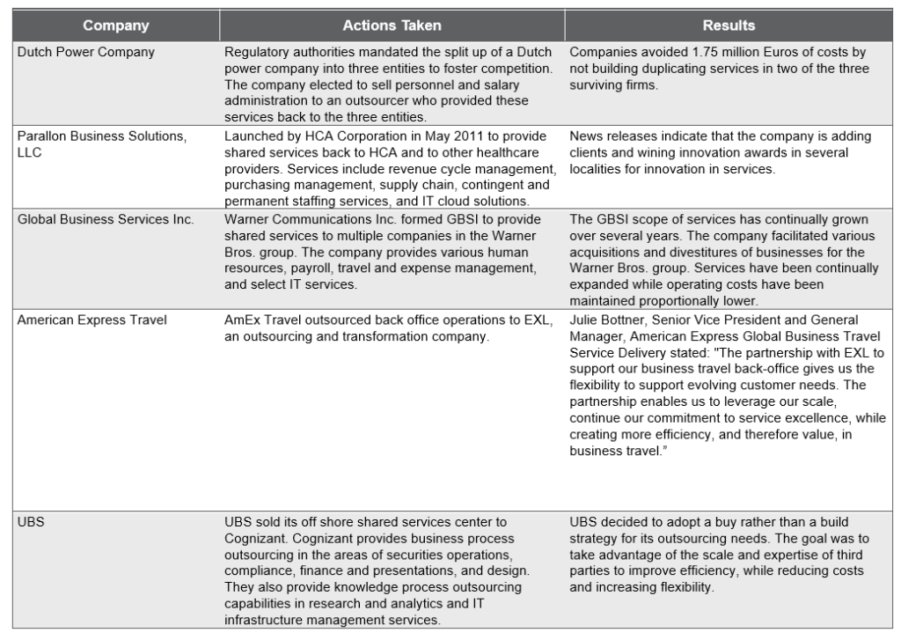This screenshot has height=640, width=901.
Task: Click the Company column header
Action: coord(115,26)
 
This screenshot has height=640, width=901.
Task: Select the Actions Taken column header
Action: coord(392,26)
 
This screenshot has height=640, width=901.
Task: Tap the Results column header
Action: coord(729,26)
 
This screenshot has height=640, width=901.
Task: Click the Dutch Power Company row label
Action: coord(86,52)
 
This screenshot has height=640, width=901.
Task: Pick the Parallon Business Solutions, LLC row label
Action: coord(102,136)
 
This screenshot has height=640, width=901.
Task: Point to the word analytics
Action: coord(446,604)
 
